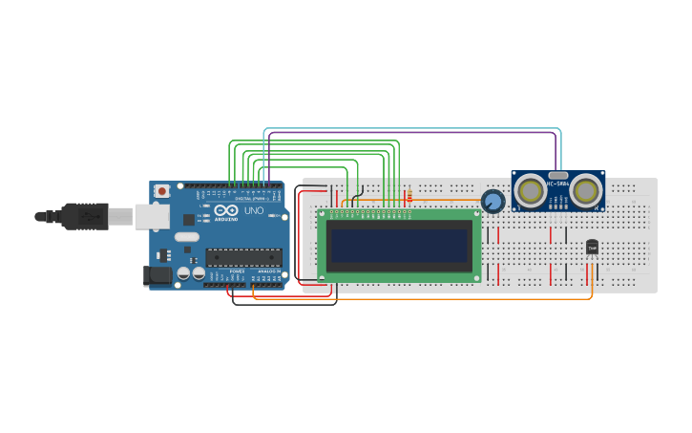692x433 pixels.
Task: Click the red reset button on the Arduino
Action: coord(162,191)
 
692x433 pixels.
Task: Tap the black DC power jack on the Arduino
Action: coord(156,276)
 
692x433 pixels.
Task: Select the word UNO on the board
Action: coord(254,210)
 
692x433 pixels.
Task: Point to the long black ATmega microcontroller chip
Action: coord(244,256)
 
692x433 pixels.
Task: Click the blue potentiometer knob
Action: coord(493,201)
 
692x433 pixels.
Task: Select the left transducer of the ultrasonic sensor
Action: coord(530,192)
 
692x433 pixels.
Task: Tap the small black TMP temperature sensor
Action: coord(592,248)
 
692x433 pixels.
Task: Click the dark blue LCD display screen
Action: coord(399,245)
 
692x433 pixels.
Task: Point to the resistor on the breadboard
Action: coord(409,198)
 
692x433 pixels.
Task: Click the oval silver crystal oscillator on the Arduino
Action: coord(187,237)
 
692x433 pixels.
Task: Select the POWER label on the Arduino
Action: coord(238,271)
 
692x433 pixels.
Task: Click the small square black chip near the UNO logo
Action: coord(187,220)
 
